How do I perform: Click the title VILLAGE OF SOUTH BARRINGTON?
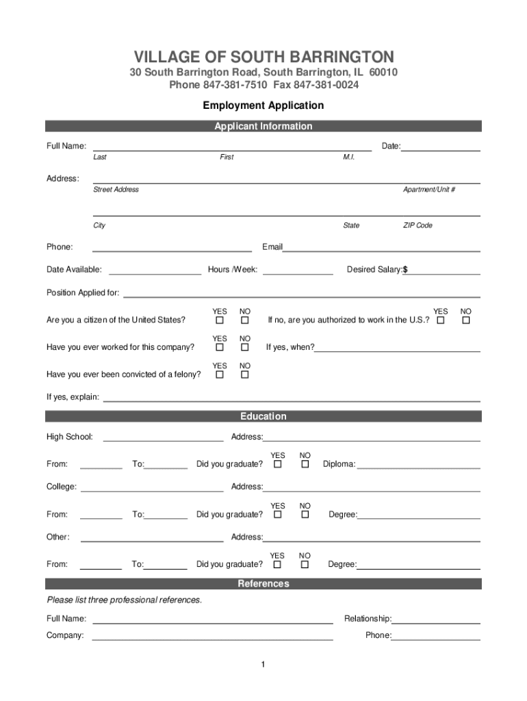click(263, 56)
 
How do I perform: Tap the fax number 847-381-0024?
click(326, 85)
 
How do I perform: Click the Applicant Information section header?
click(263, 126)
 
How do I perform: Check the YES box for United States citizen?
click(220, 320)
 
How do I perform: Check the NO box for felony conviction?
click(245, 374)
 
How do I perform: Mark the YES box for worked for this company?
click(220, 348)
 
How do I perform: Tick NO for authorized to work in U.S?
click(466, 320)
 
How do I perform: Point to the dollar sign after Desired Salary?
click(405, 270)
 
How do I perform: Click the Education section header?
click(263, 416)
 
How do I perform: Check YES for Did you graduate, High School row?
click(278, 464)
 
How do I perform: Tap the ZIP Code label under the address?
click(417, 225)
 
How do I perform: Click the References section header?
click(263, 583)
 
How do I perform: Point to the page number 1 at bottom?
click(263, 665)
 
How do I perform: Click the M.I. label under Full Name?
click(349, 157)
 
